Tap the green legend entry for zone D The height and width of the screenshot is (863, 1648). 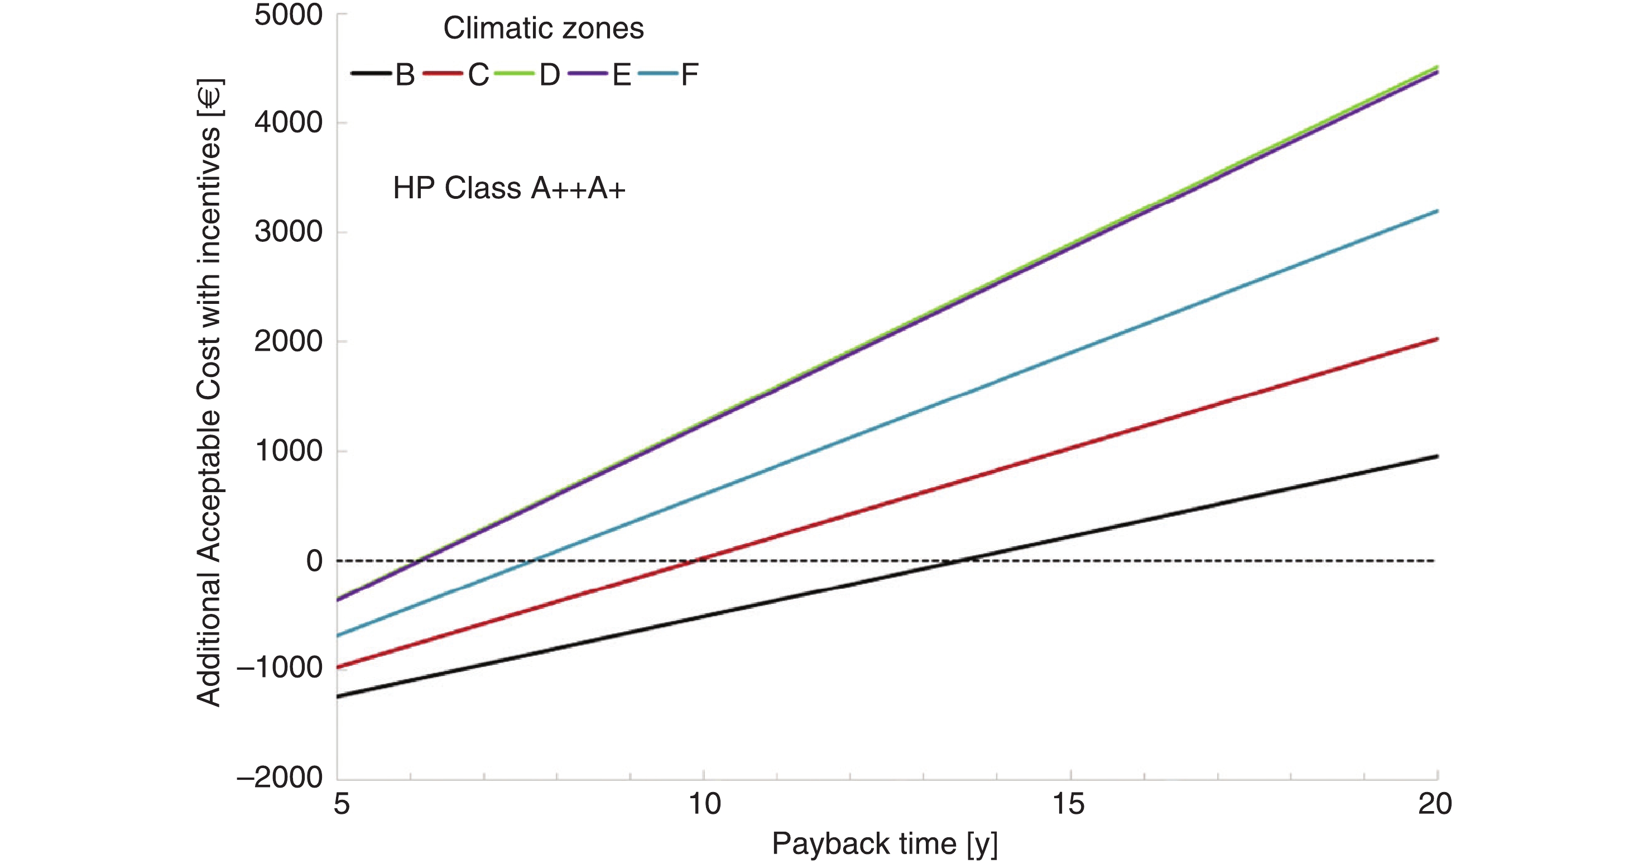(x=527, y=75)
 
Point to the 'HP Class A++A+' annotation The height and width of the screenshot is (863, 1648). (x=508, y=189)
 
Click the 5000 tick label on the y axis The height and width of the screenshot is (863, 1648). (x=288, y=16)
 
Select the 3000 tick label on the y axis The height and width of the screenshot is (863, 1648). (x=288, y=232)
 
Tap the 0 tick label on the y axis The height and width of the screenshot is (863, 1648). (x=314, y=561)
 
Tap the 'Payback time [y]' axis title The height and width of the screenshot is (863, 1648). (x=884, y=844)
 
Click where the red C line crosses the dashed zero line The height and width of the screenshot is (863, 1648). (x=695, y=561)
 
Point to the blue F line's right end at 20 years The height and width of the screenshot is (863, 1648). (x=1437, y=211)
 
